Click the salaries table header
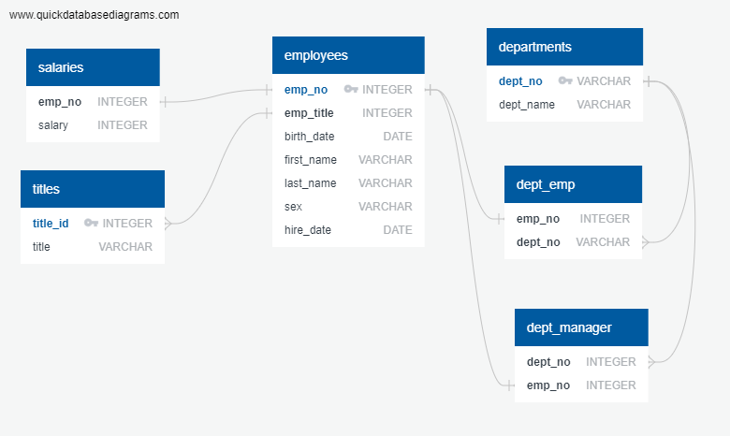[93, 67]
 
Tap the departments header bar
[564, 47]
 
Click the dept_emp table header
[573, 184]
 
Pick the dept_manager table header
[580, 327]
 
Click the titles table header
[92, 189]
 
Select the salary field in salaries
[53, 125]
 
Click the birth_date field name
[310, 137]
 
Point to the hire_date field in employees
[308, 230]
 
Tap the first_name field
[311, 160]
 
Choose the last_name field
[311, 183]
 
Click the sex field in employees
[293, 207]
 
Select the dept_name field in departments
[527, 105]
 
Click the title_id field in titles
[51, 224]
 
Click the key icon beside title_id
[91, 224]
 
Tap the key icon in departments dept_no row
[565, 81]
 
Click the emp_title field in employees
[309, 113]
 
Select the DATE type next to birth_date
[397, 137]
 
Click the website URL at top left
[94, 15]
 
